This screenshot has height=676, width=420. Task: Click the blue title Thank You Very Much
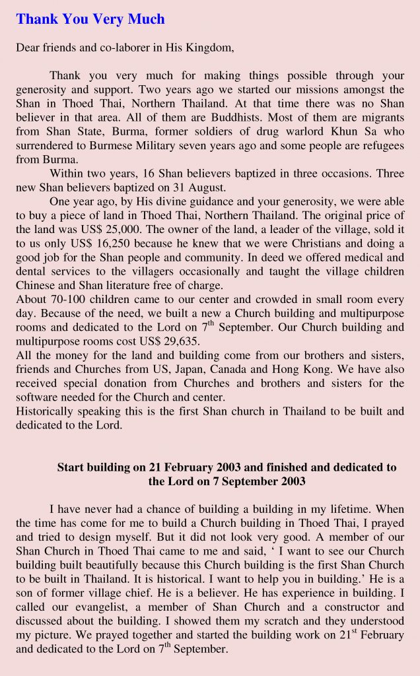click(x=90, y=19)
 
